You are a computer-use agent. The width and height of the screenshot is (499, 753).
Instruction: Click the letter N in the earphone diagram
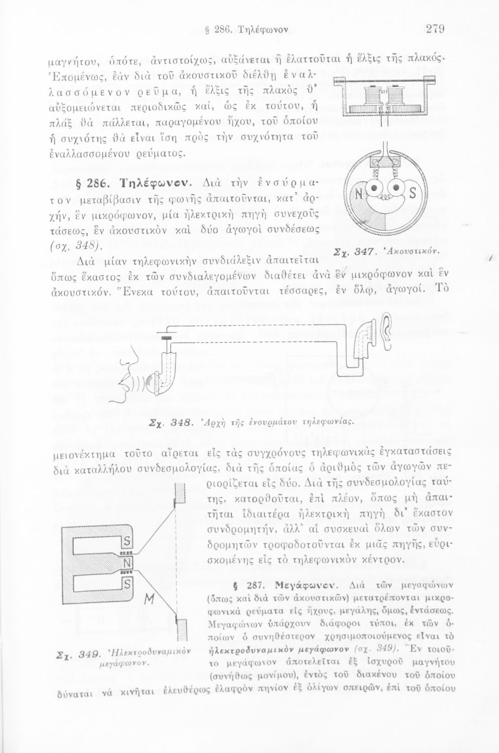[359, 194]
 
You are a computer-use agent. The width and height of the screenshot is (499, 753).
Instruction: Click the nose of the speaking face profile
[127, 359]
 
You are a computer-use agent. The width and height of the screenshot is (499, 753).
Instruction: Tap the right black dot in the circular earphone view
[397, 188]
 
